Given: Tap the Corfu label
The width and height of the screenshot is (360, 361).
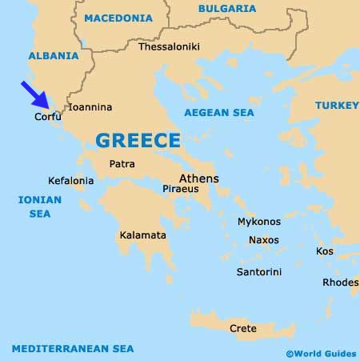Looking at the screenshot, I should click(47, 117).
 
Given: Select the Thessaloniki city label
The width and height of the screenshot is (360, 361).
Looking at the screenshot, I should click(168, 47).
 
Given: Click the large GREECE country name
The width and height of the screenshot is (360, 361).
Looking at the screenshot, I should click(138, 141).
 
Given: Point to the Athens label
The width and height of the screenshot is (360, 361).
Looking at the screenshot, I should click(199, 178).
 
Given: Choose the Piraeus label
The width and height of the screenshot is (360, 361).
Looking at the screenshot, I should click(180, 190).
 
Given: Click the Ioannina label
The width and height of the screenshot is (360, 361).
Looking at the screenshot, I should click(90, 106).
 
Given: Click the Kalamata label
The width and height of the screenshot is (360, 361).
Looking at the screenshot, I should click(142, 235).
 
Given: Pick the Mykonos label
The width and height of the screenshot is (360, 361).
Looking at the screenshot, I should click(259, 222).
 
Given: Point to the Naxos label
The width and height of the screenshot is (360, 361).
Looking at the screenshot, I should click(264, 239).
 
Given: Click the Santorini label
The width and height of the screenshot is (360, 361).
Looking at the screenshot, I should click(259, 272).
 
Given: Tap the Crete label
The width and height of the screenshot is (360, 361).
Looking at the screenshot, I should click(243, 328).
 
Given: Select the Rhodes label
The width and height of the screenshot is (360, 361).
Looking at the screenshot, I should click(341, 283).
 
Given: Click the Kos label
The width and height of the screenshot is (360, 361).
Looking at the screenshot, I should click(325, 251).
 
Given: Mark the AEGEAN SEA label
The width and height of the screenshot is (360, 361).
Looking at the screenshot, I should click(219, 113).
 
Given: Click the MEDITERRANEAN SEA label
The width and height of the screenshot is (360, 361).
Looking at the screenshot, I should click(73, 348).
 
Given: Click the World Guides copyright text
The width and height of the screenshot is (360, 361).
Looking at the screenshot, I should click(320, 352).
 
